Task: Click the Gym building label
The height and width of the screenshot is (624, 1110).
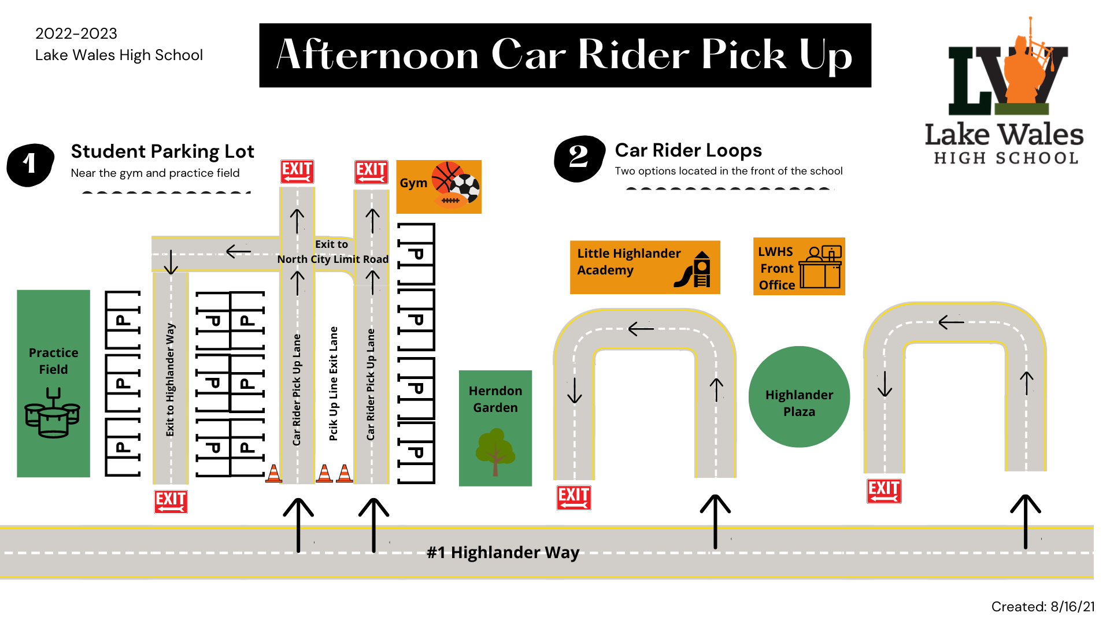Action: [x=413, y=183]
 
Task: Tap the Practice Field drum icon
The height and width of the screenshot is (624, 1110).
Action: [x=52, y=413]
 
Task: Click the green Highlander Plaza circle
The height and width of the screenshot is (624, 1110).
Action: [x=799, y=396]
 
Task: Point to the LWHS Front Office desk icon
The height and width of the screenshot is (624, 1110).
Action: [x=820, y=267]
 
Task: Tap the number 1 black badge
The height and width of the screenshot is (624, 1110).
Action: [x=31, y=165]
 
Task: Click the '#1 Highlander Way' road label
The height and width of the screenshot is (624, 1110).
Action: [x=503, y=552]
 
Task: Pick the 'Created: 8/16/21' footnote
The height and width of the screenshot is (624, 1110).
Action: [x=1043, y=607]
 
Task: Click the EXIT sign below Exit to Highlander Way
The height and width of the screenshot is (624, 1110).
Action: [x=171, y=502]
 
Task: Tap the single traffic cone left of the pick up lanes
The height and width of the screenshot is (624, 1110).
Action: [x=273, y=473]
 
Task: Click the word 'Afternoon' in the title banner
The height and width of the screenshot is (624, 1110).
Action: [x=378, y=55]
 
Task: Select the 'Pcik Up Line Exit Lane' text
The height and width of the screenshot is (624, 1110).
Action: [x=334, y=384]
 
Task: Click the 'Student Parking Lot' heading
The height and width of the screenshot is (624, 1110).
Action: [x=162, y=151]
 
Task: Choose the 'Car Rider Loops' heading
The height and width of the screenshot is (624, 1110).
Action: [x=689, y=150]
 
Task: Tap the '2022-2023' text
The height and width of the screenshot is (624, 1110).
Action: [x=76, y=34]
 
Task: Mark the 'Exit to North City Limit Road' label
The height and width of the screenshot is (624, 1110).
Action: [x=332, y=252]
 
